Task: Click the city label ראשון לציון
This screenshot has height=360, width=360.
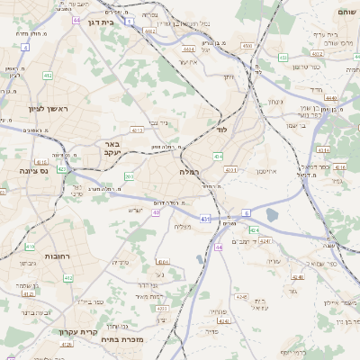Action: (36, 107)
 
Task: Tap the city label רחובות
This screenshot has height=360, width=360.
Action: (57, 256)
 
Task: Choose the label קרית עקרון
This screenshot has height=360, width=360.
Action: (78, 333)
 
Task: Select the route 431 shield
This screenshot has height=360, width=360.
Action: (205, 218)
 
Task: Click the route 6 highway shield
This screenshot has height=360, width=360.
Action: (246, 212)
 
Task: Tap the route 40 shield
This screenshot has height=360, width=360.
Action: (156, 212)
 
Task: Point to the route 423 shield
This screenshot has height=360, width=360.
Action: (61, 168)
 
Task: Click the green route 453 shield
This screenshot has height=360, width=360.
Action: (282, 57)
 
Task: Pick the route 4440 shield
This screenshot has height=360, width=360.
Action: (330, 98)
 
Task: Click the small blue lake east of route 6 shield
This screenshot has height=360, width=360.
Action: (272, 215)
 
